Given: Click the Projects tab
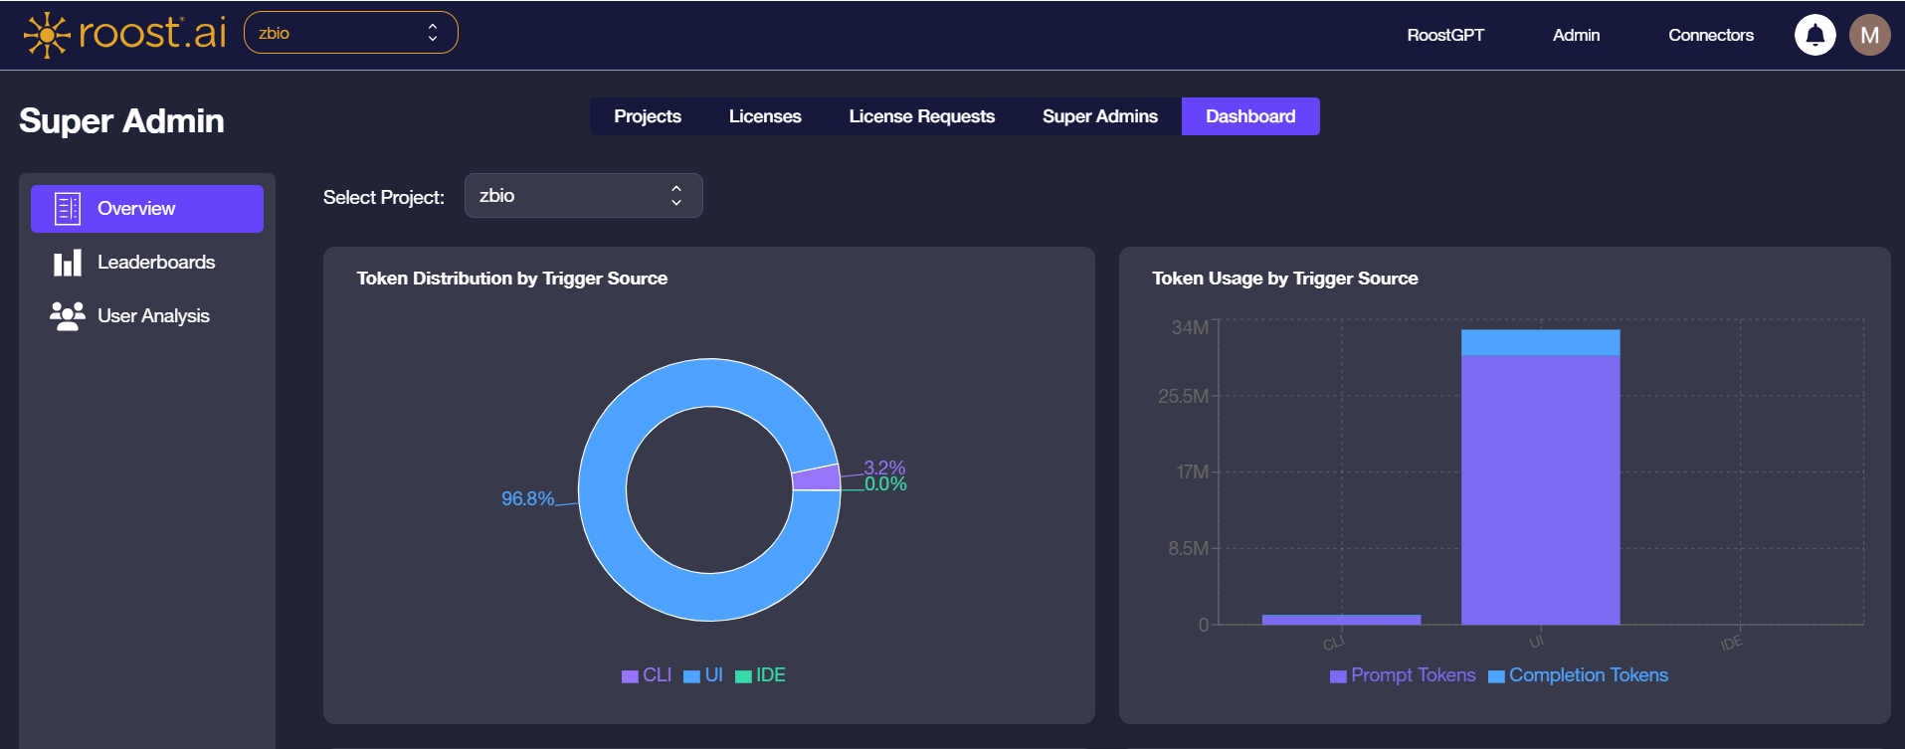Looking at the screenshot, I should [x=648, y=116].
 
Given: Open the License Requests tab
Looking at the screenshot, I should [x=921, y=116].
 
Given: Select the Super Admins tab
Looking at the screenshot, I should [x=1099, y=116].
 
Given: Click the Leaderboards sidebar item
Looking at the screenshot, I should [x=155, y=263].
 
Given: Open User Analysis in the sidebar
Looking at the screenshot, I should [x=153, y=316].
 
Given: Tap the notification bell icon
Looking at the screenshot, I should [x=1814, y=35].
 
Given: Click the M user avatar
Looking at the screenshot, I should [x=1869, y=35].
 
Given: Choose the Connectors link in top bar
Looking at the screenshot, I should [x=1710, y=35].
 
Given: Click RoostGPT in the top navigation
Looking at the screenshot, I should [x=1444, y=35].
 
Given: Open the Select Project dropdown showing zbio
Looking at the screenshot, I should [x=583, y=196].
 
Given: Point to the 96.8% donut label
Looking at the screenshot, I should [x=527, y=498].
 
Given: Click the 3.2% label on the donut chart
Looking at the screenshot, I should [x=884, y=468].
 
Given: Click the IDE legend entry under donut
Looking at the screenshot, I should [x=761, y=675].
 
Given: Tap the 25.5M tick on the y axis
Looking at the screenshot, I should [x=1183, y=396].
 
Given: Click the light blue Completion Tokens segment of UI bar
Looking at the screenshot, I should [x=1540, y=342].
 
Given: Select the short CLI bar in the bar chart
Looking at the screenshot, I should [x=1341, y=619].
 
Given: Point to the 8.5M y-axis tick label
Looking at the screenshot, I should [x=1188, y=548].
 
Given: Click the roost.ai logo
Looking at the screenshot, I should [x=125, y=34].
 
